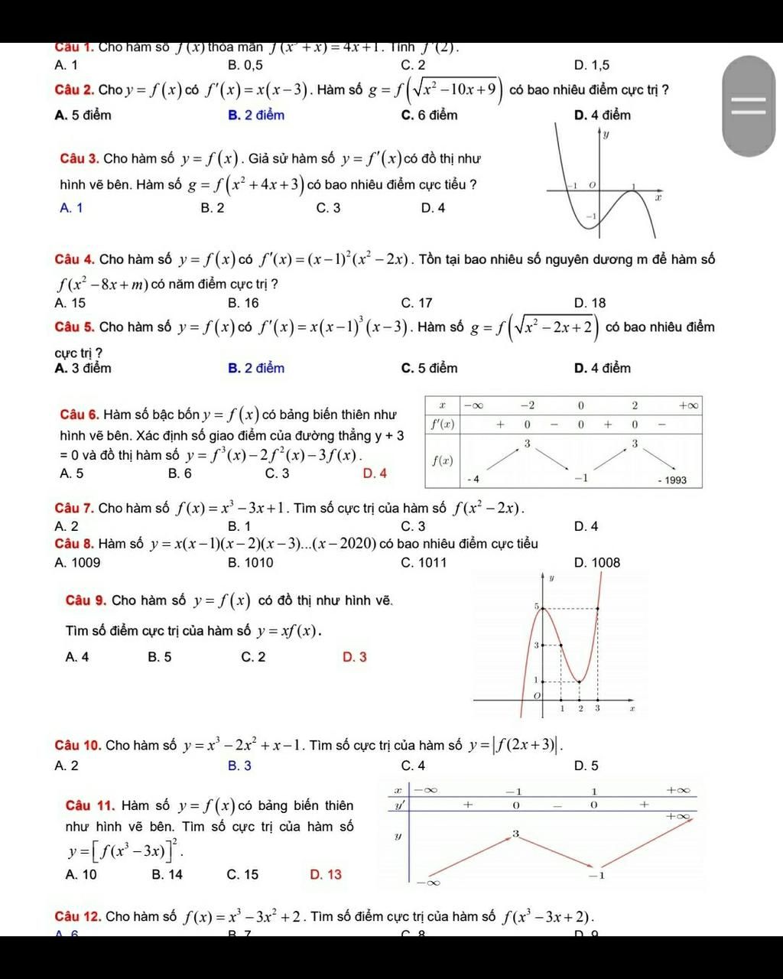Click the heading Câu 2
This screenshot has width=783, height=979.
point(75,90)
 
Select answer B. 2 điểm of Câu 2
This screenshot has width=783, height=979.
point(255,115)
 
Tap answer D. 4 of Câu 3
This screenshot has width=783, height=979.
point(433,207)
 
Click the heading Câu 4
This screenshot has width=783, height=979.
point(75,260)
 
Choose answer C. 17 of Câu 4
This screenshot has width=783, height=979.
point(417,303)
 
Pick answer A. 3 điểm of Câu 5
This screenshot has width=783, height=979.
point(83,368)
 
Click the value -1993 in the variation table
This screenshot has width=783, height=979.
point(672,480)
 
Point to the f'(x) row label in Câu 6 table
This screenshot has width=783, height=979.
point(443,424)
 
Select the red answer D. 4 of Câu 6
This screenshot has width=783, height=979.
point(375,473)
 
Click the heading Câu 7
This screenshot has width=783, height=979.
point(74,508)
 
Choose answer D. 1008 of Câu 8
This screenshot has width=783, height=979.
point(596,563)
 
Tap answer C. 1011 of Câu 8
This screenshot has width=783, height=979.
point(424,563)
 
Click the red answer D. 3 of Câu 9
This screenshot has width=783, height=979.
point(355,657)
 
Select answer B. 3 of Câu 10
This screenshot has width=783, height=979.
point(239,766)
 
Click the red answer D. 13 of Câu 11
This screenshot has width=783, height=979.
point(327,874)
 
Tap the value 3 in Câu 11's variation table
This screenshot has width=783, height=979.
point(515,833)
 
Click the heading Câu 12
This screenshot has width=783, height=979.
point(77,916)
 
